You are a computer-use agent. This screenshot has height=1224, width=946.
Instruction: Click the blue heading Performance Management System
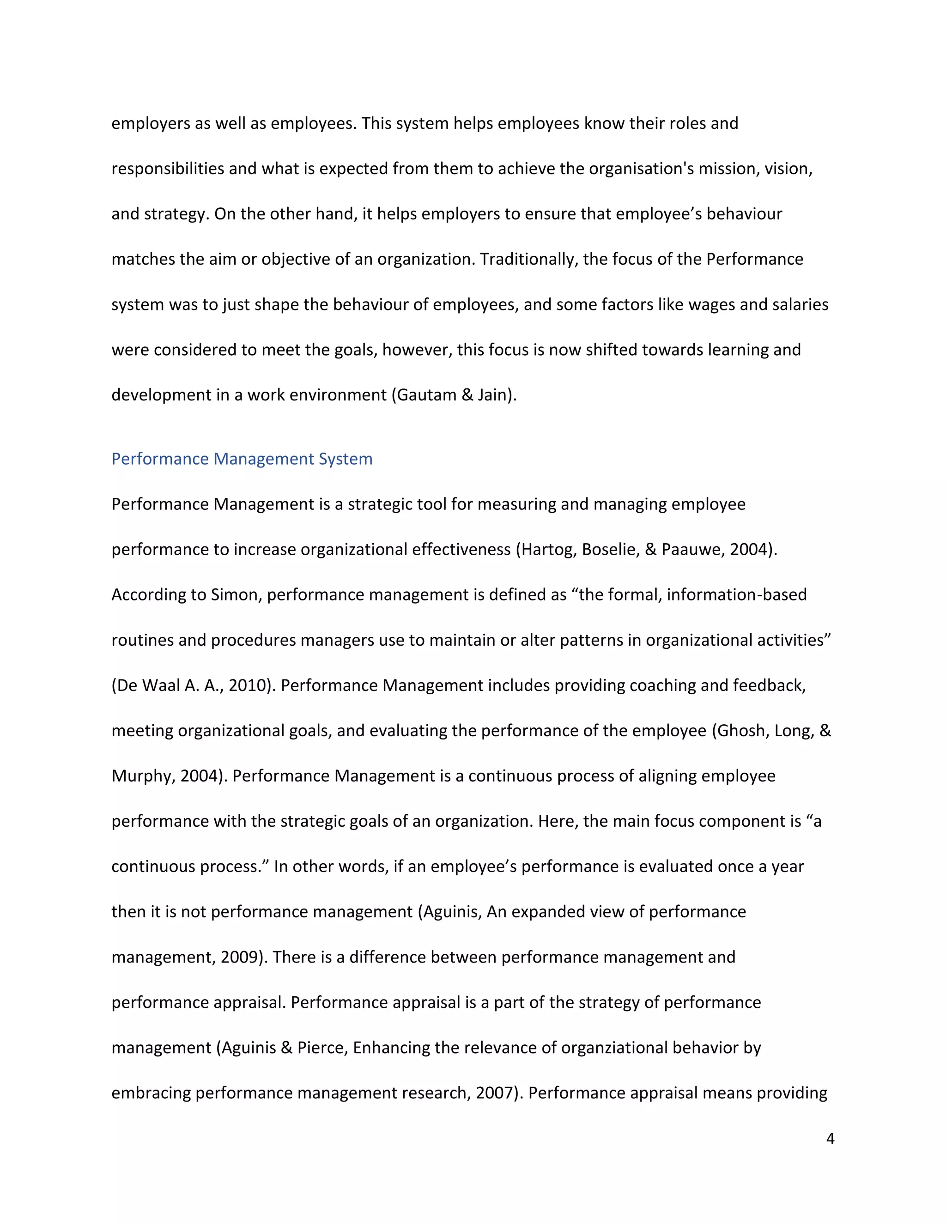click(x=242, y=459)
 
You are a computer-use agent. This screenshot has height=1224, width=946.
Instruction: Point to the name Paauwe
click(x=691, y=550)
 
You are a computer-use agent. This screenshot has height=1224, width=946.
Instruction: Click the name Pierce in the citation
click(x=321, y=1048)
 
